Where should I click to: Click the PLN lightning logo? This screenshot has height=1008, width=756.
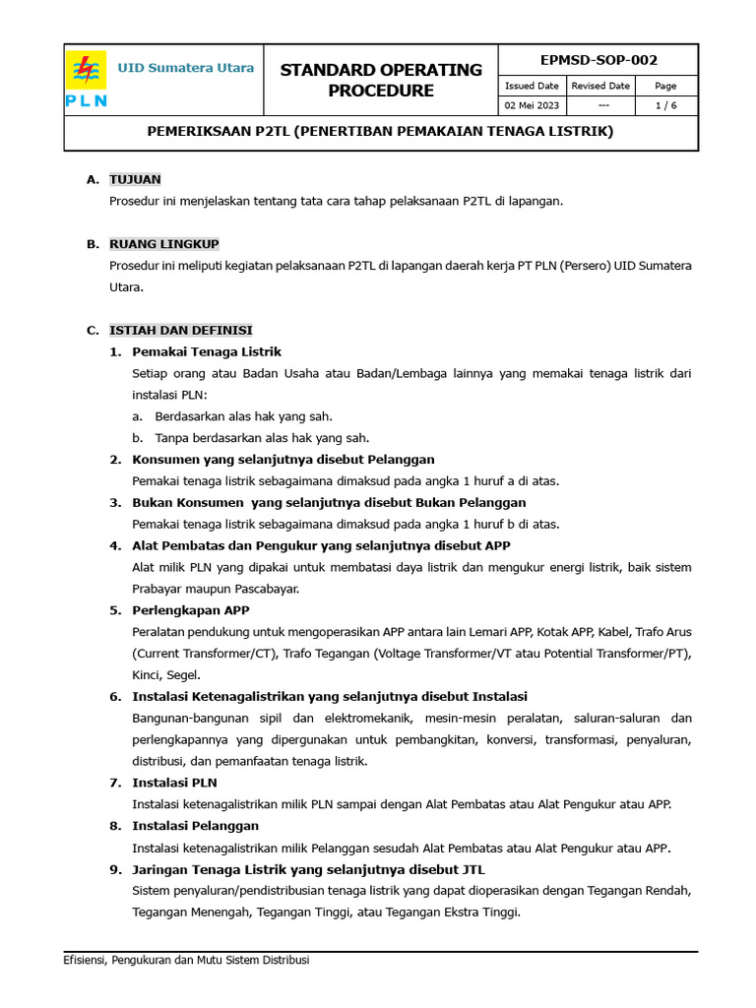click(x=87, y=72)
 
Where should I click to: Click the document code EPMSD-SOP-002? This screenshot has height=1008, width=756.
click(x=598, y=60)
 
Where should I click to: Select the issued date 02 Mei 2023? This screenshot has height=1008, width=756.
click(x=532, y=105)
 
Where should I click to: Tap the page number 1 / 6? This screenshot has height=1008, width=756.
click(x=665, y=105)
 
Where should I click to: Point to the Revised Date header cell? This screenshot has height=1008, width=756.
click(x=600, y=86)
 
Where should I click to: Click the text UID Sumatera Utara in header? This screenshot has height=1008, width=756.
click(x=186, y=68)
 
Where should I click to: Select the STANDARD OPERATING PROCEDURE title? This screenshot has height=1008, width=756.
click(x=381, y=80)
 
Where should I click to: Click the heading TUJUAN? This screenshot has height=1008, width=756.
click(x=135, y=179)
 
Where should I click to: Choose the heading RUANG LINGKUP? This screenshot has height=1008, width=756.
click(x=163, y=244)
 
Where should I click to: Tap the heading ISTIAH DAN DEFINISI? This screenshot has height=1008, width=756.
click(x=180, y=330)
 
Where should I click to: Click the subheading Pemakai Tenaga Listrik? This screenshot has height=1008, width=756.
click(x=207, y=351)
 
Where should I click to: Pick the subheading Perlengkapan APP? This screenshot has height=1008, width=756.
click(x=191, y=610)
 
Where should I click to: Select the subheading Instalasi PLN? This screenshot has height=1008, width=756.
click(x=174, y=783)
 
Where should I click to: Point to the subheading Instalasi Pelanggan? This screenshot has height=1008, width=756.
click(x=195, y=826)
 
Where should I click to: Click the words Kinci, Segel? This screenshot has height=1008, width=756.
click(x=166, y=675)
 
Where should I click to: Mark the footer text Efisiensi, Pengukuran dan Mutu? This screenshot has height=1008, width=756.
click(x=186, y=960)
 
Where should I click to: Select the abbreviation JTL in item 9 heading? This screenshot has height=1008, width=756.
click(x=471, y=869)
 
